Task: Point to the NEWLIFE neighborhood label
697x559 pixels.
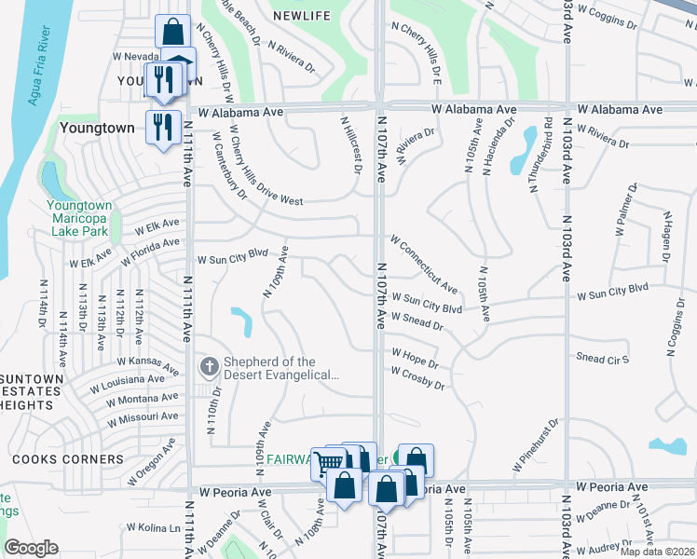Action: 303,16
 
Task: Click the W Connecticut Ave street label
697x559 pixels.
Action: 424,264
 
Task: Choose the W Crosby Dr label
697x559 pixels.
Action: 417,377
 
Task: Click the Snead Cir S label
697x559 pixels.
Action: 603,359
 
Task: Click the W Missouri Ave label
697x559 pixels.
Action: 143,418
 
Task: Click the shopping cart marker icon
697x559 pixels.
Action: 328,462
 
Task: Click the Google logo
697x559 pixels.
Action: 32,548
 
